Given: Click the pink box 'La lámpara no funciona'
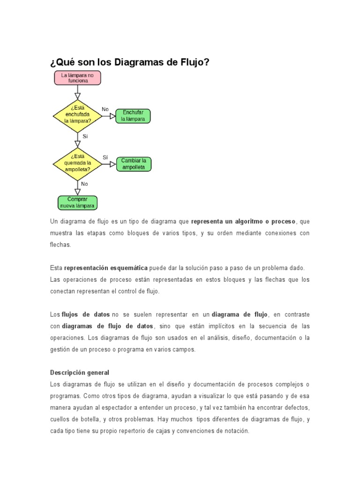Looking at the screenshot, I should (77, 78).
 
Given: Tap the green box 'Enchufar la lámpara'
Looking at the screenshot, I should (133, 116).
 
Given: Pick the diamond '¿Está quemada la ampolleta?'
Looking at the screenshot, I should (77, 163).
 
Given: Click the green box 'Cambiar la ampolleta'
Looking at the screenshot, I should (134, 164).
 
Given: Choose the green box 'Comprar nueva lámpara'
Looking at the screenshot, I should (77, 202).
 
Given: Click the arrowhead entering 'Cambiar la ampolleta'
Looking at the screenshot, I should (112, 164).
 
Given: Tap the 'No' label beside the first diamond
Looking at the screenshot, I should (105, 109).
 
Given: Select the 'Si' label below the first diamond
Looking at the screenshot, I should (85, 136).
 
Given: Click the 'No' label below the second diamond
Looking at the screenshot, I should (84, 184).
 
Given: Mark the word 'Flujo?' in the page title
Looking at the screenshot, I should (192, 62).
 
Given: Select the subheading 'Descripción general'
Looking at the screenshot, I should (80, 373).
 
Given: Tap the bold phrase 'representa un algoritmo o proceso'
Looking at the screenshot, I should (243, 221).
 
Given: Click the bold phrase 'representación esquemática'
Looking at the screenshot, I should (105, 268).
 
